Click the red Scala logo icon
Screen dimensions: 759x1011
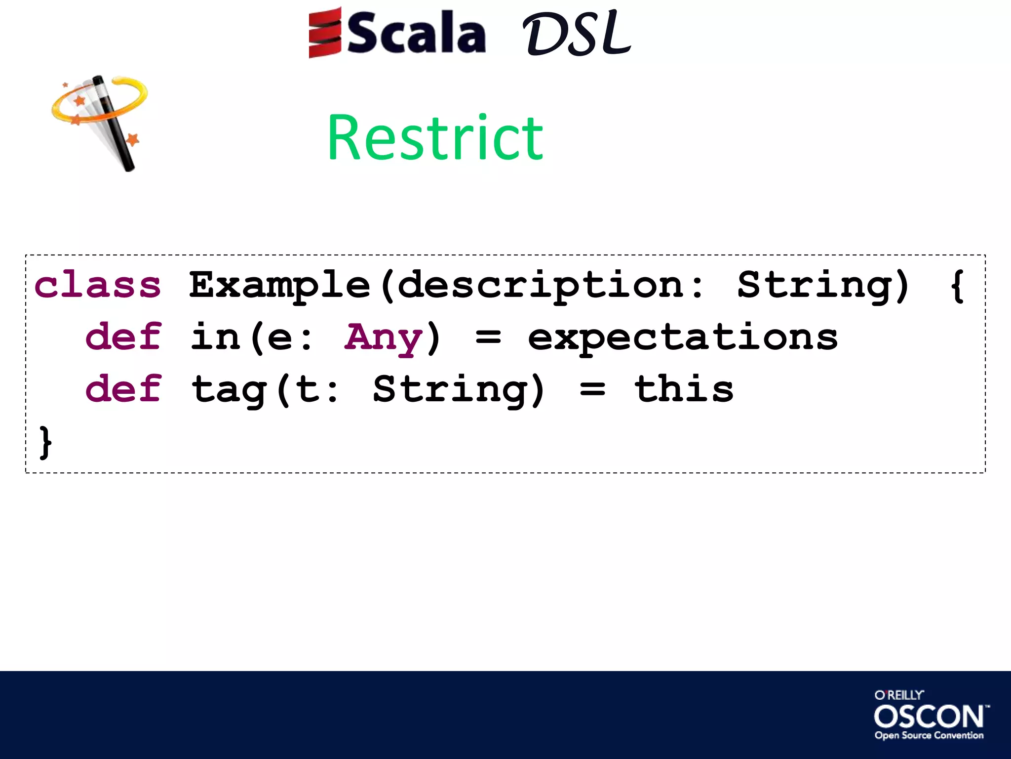click(324, 33)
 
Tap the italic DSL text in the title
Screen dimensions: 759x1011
click(577, 34)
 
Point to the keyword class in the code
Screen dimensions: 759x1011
click(98, 285)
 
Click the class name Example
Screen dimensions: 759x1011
click(279, 285)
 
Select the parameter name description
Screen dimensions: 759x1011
click(541, 285)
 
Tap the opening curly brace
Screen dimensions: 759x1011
click(957, 285)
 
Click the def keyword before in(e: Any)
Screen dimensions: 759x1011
click(123, 337)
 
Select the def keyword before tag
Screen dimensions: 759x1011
click(123, 389)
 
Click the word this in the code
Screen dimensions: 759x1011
click(684, 389)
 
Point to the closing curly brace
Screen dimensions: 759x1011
click(45, 442)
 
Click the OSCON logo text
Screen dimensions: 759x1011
click(929, 717)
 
